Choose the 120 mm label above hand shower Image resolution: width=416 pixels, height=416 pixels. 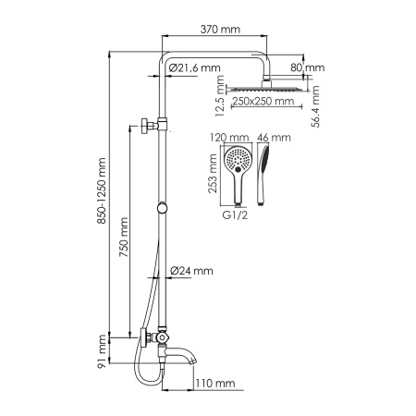[224, 137]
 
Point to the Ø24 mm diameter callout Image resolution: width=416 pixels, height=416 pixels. [191, 271]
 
